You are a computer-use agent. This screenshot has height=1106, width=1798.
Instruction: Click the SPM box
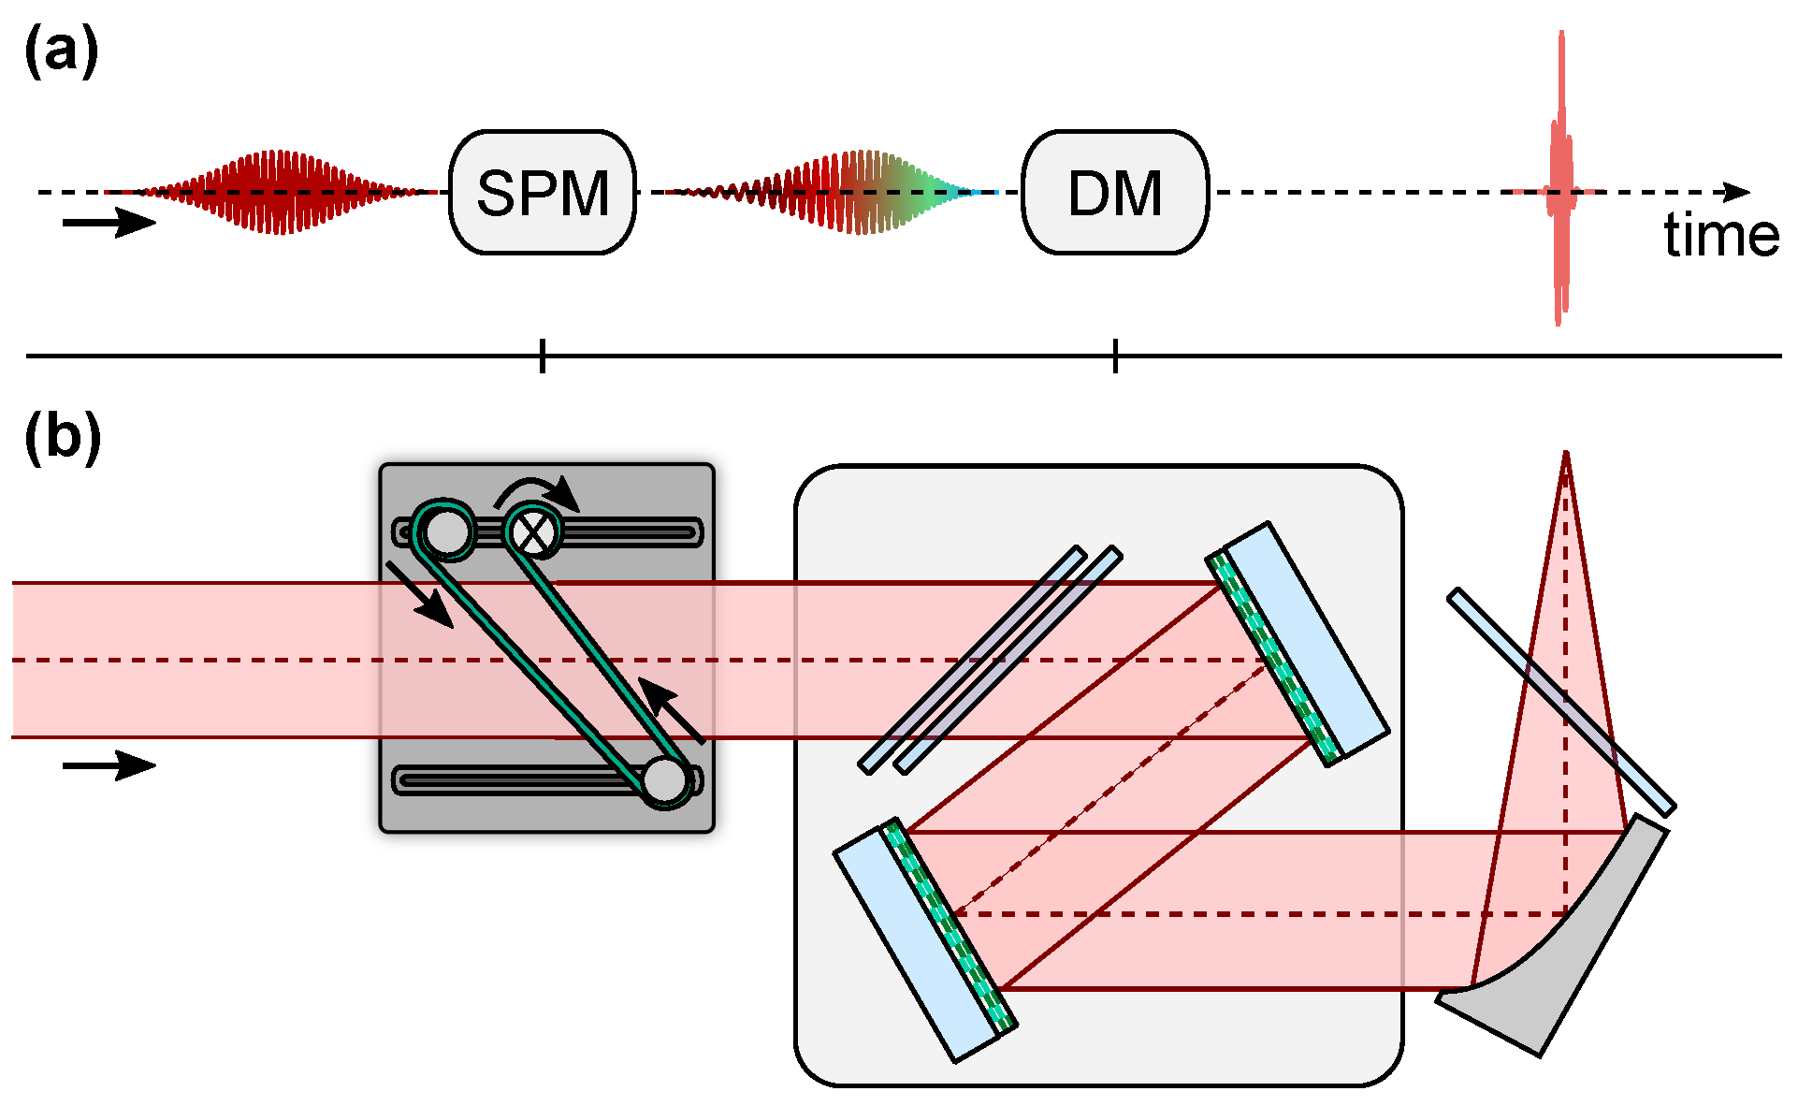[543, 193]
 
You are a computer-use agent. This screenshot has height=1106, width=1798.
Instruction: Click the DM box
[1115, 193]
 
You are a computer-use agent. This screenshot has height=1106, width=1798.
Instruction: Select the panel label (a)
[61, 51]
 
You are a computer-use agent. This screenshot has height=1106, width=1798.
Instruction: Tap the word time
[1720, 236]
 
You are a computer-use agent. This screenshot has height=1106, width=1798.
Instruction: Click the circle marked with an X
[534, 532]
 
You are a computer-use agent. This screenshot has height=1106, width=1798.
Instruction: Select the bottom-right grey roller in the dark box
[665, 780]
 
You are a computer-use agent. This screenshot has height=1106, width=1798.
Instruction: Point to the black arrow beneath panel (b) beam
[109, 765]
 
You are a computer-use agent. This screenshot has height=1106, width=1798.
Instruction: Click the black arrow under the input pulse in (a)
[109, 223]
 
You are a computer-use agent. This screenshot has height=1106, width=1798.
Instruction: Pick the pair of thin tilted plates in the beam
[990, 660]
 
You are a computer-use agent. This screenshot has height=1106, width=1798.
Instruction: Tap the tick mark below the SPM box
[543, 357]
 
